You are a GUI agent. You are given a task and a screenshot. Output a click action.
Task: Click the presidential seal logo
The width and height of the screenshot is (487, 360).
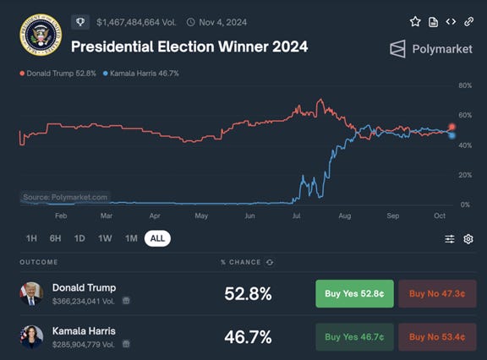coord(36,34)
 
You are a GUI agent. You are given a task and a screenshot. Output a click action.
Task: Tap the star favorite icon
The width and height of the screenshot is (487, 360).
coord(415,21)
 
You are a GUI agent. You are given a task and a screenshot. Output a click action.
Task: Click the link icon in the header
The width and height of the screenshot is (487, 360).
coord(469,21)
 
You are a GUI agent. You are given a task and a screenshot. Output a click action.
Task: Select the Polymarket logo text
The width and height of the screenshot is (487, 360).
coord(430,49)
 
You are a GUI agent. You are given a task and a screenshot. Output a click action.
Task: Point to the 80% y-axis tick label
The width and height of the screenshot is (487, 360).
coord(464,85)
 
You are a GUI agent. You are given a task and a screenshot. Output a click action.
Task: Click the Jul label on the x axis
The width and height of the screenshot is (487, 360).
coord(297,216)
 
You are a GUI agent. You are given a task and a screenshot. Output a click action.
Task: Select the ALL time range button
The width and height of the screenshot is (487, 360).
coord(157,238)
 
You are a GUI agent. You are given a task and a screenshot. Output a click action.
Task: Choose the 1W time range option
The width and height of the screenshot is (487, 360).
coord(105,238)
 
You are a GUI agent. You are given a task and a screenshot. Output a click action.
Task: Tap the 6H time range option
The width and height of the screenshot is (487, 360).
coord(55,238)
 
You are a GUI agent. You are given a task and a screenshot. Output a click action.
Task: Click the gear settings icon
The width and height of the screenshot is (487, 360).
coord(468,239)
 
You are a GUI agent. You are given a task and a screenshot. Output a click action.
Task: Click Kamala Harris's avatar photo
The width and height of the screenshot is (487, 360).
coord(32,336)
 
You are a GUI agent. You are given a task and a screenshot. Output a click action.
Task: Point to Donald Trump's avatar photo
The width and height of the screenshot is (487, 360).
coord(32,293)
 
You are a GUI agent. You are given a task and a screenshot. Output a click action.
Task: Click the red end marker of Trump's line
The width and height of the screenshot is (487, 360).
coord(452,127)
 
